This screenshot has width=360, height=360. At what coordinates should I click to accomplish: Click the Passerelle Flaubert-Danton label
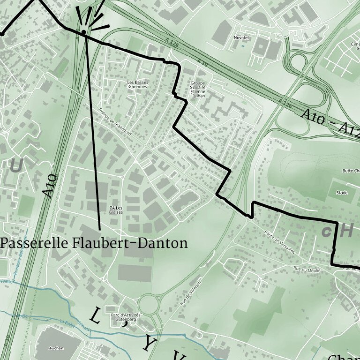click(x=94, y=243)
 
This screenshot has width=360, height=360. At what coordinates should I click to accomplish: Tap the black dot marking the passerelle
click(x=83, y=32)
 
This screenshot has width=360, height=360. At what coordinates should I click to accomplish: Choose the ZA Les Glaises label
click(x=116, y=209)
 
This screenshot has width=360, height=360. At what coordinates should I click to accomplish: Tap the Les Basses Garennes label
click(x=137, y=84)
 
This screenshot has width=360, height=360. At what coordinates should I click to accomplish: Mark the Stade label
click(x=342, y=193)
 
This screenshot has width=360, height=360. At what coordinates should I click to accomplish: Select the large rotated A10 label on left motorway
click(x=50, y=185)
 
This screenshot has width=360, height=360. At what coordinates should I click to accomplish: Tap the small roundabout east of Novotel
click(x=284, y=32)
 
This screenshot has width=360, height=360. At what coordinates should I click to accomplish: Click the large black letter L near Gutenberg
click(x=95, y=317)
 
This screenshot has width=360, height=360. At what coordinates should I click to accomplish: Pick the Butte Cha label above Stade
click(x=351, y=171)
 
